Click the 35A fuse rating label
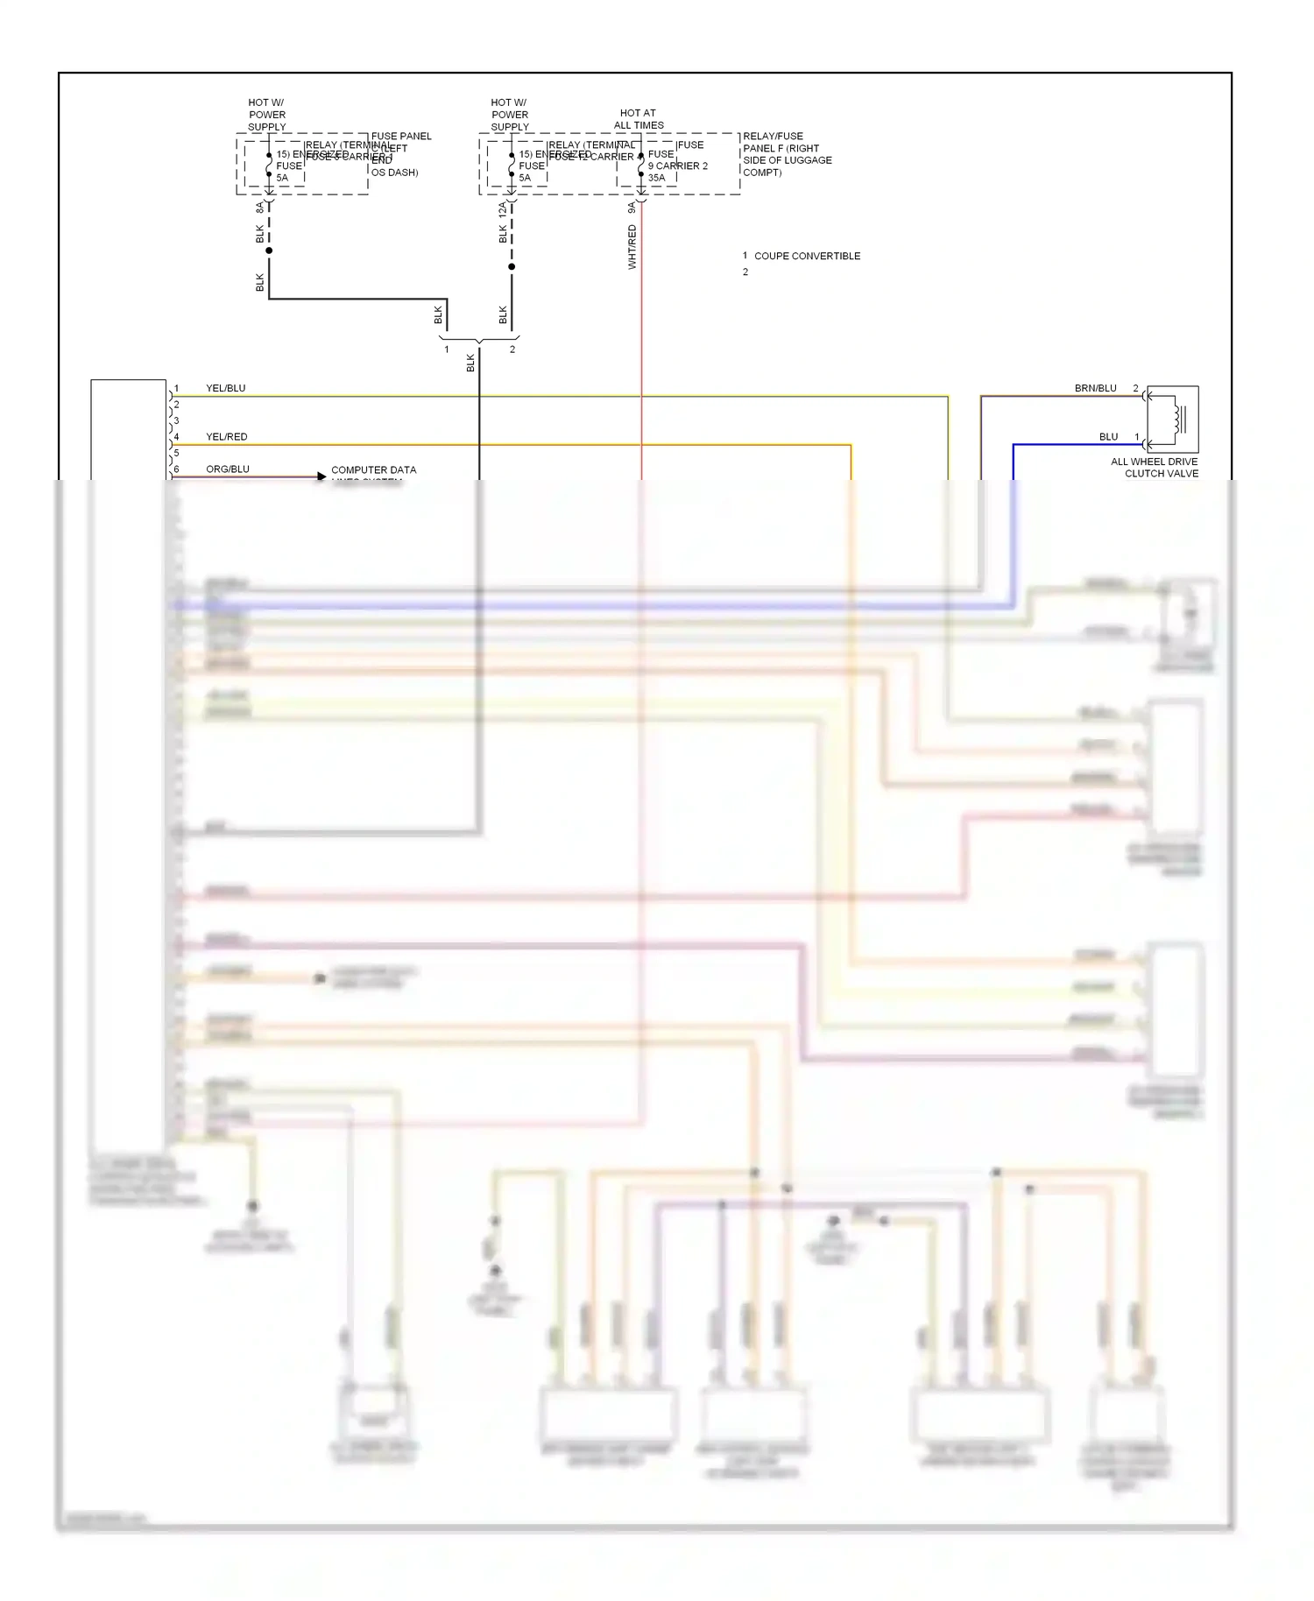656,178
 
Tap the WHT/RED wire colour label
632,247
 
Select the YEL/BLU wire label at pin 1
226,388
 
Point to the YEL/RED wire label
227,436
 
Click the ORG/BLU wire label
228,469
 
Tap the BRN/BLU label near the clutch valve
1095,388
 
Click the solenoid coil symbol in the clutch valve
1179,420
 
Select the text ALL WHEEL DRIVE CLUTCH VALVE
1154,468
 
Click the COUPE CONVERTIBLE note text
807,256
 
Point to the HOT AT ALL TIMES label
639,119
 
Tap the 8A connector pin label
259,208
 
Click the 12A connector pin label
503,210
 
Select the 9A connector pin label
632,208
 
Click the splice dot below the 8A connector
269,250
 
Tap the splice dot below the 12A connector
512,266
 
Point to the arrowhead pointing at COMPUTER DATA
321,476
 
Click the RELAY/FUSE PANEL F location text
787,154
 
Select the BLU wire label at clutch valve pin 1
1108,436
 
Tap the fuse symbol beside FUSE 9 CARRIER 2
640,165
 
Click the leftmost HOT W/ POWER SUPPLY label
266,115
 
